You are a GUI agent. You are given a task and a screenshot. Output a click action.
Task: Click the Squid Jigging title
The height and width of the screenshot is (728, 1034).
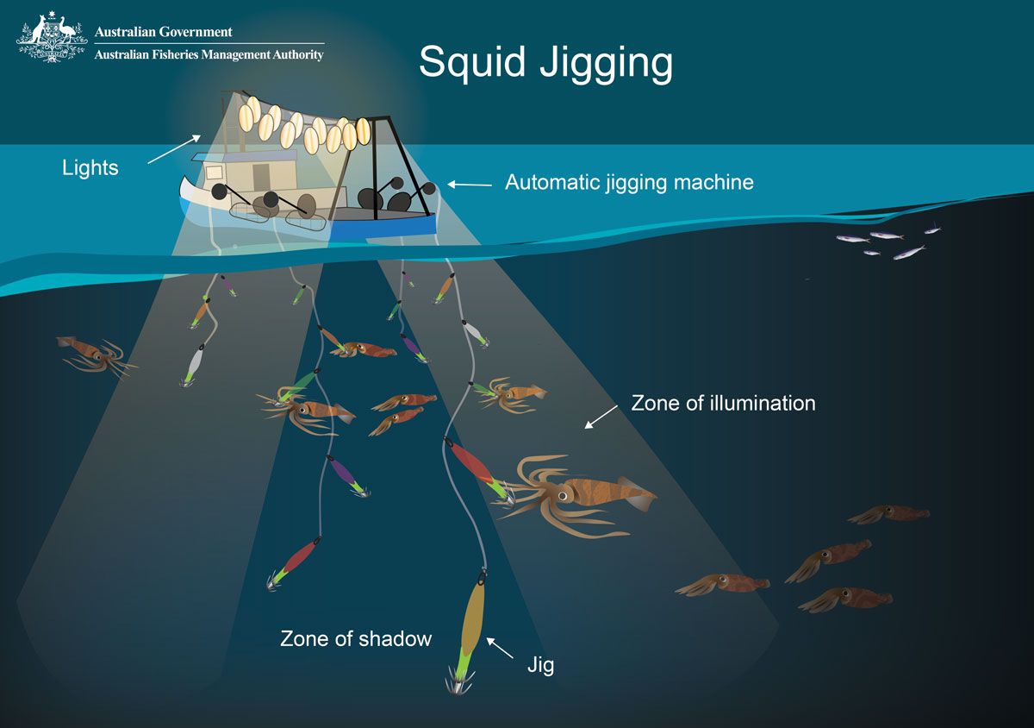pyautogui.click(x=545, y=64)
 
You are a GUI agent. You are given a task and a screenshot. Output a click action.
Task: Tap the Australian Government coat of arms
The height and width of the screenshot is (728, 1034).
pyautogui.click(x=51, y=37)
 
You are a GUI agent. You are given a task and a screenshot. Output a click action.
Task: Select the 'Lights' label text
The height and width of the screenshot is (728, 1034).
pyautogui.click(x=90, y=168)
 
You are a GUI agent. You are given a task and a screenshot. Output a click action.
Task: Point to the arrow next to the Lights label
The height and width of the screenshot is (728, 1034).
pyautogui.click(x=174, y=149)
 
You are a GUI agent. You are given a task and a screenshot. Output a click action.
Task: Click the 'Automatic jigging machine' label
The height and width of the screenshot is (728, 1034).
pyautogui.click(x=629, y=183)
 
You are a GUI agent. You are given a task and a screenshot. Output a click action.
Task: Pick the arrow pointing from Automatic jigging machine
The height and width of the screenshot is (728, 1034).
pyautogui.click(x=470, y=185)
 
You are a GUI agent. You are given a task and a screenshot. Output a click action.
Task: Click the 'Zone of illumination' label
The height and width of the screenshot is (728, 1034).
pyautogui.click(x=723, y=403)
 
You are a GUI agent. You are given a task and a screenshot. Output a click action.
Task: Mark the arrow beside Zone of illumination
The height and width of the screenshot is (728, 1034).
pyautogui.click(x=601, y=417)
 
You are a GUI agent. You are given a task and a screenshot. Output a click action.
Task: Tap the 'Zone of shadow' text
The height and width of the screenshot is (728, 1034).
pyautogui.click(x=356, y=639)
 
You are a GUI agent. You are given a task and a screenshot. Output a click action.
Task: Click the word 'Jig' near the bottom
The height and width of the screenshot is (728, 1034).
pyautogui.click(x=540, y=666)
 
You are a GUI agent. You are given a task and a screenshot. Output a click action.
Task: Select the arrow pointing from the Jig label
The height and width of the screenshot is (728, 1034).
pyautogui.click(x=500, y=648)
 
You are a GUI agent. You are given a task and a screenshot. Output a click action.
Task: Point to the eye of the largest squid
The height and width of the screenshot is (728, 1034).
pyautogui.click(x=563, y=496)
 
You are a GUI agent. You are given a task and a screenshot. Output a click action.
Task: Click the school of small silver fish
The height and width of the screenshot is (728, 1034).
pyautogui.click(x=888, y=242)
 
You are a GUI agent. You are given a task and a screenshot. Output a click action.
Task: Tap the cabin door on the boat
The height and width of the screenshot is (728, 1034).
pyautogui.click(x=261, y=177)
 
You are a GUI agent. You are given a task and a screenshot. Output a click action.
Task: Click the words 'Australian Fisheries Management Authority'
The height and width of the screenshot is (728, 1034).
pyautogui.click(x=209, y=54)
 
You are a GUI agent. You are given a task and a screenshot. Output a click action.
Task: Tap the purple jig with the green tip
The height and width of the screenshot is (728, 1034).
pyautogui.click(x=347, y=476)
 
